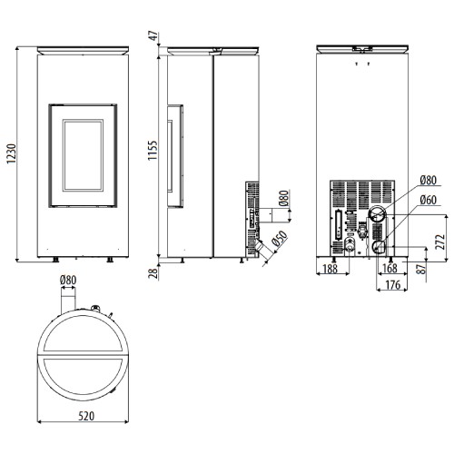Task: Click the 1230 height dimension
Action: tap(12, 153)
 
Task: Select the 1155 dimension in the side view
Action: tap(153, 151)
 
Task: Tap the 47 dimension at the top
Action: tap(154, 35)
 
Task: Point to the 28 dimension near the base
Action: tap(154, 273)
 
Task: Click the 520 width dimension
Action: tap(86, 416)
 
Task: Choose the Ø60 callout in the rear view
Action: tap(429, 200)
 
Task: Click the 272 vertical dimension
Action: tap(440, 242)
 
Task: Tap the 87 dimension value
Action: tap(420, 268)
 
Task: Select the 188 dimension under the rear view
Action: tap(331, 269)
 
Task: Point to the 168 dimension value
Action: tap(390, 268)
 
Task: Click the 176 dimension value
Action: tap(393, 284)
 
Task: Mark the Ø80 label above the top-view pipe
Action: tap(68, 280)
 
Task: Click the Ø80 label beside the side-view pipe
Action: tap(284, 198)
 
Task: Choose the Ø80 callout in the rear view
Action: tap(429, 181)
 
